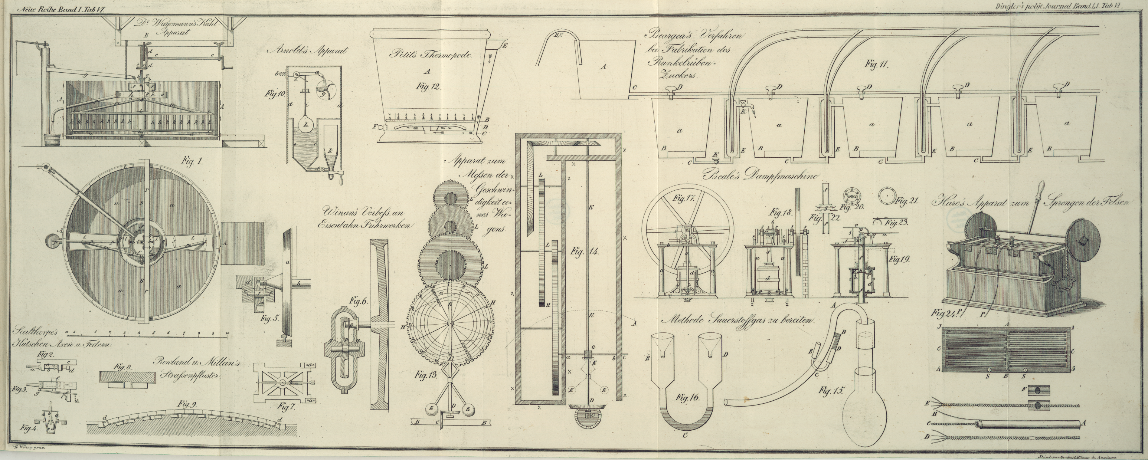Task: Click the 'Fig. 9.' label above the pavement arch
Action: (x=189, y=405)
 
